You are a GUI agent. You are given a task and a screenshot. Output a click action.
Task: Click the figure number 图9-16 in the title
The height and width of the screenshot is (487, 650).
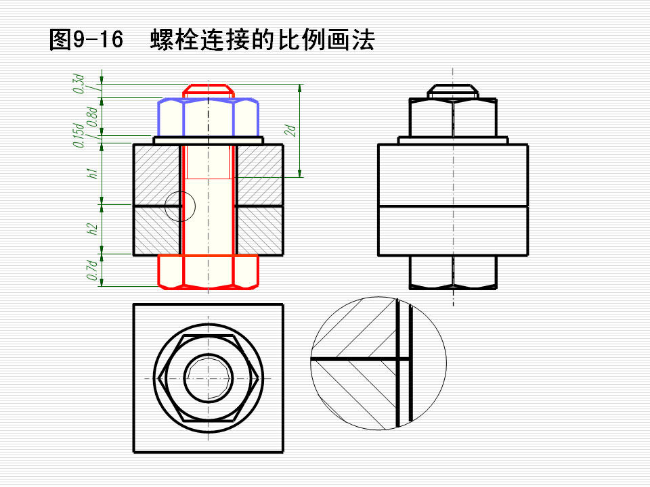(x=87, y=40)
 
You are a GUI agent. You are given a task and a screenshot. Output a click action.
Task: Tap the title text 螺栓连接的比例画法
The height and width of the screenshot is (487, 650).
(x=262, y=40)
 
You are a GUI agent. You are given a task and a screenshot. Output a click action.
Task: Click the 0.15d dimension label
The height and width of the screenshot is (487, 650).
(x=80, y=135)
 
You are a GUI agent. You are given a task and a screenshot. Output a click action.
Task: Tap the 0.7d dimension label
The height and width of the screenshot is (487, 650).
(x=91, y=270)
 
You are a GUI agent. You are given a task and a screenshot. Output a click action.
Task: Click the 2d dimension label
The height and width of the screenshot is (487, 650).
(x=289, y=130)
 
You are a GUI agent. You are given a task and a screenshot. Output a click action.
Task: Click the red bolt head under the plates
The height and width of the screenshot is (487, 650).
(x=208, y=272)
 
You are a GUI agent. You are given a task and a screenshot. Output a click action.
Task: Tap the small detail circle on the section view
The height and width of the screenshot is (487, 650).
(x=179, y=205)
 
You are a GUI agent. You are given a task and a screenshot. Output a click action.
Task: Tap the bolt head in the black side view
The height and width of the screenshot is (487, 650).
(x=453, y=272)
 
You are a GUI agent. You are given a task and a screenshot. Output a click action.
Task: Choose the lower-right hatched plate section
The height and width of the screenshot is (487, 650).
(x=259, y=231)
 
